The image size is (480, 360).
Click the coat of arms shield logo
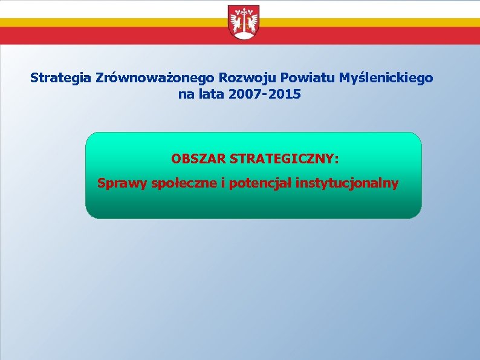point(244,22)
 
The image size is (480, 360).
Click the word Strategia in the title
point(60,78)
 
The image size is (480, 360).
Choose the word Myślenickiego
point(386,78)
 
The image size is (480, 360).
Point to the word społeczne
point(186,183)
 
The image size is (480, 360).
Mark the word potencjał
point(262,183)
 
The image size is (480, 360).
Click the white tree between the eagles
point(244,18)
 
